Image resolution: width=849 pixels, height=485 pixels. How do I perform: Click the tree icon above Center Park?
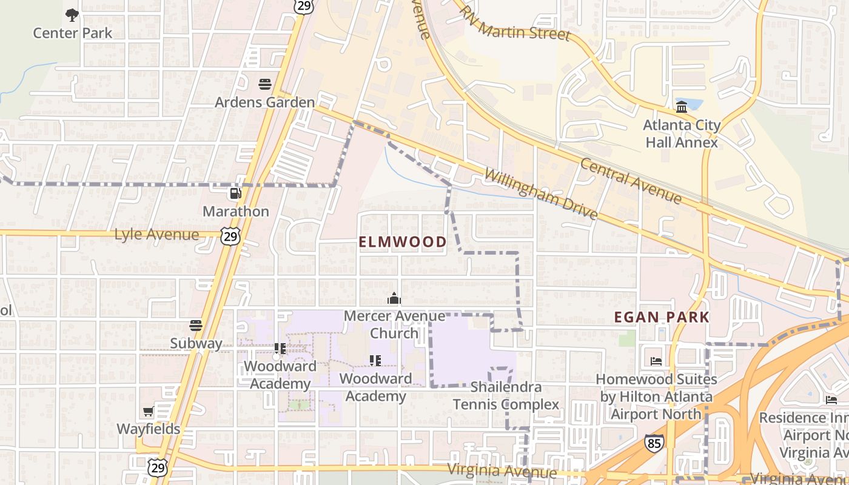click(x=72, y=15)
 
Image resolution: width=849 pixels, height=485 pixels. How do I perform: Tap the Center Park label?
click(x=72, y=33)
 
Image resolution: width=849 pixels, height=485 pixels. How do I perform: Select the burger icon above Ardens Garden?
click(x=265, y=84)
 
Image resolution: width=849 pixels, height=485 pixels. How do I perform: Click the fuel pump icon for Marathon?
click(x=235, y=193)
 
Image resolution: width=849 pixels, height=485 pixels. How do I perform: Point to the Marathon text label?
click(x=235, y=212)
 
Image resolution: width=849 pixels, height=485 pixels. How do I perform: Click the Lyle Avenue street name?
click(x=156, y=235)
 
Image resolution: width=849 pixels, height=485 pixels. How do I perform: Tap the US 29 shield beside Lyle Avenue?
click(x=230, y=236)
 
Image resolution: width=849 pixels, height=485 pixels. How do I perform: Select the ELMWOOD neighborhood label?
click(x=403, y=242)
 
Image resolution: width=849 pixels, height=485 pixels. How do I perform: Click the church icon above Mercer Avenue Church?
click(x=394, y=298)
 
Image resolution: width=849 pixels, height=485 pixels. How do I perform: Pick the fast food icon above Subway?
click(x=195, y=326)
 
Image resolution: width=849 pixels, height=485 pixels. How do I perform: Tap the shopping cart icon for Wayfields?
click(x=149, y=412)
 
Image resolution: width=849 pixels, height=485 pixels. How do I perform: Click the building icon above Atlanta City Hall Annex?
click(x=682, y=107)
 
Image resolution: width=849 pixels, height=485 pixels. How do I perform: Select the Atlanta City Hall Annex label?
click(x=682, y=134)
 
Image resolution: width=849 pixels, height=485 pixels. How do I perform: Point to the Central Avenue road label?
click(x=631, y=181)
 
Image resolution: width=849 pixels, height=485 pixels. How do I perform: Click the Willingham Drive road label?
click(x=541, y=194)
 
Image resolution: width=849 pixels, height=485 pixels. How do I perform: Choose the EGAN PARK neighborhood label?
click(x=662, y=317)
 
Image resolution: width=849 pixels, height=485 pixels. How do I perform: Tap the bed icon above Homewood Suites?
click(x=656, y=361)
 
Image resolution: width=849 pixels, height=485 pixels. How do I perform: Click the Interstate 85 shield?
click(x=654, y=443)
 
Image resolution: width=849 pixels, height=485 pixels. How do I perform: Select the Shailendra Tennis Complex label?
click(x=506, y=395)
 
